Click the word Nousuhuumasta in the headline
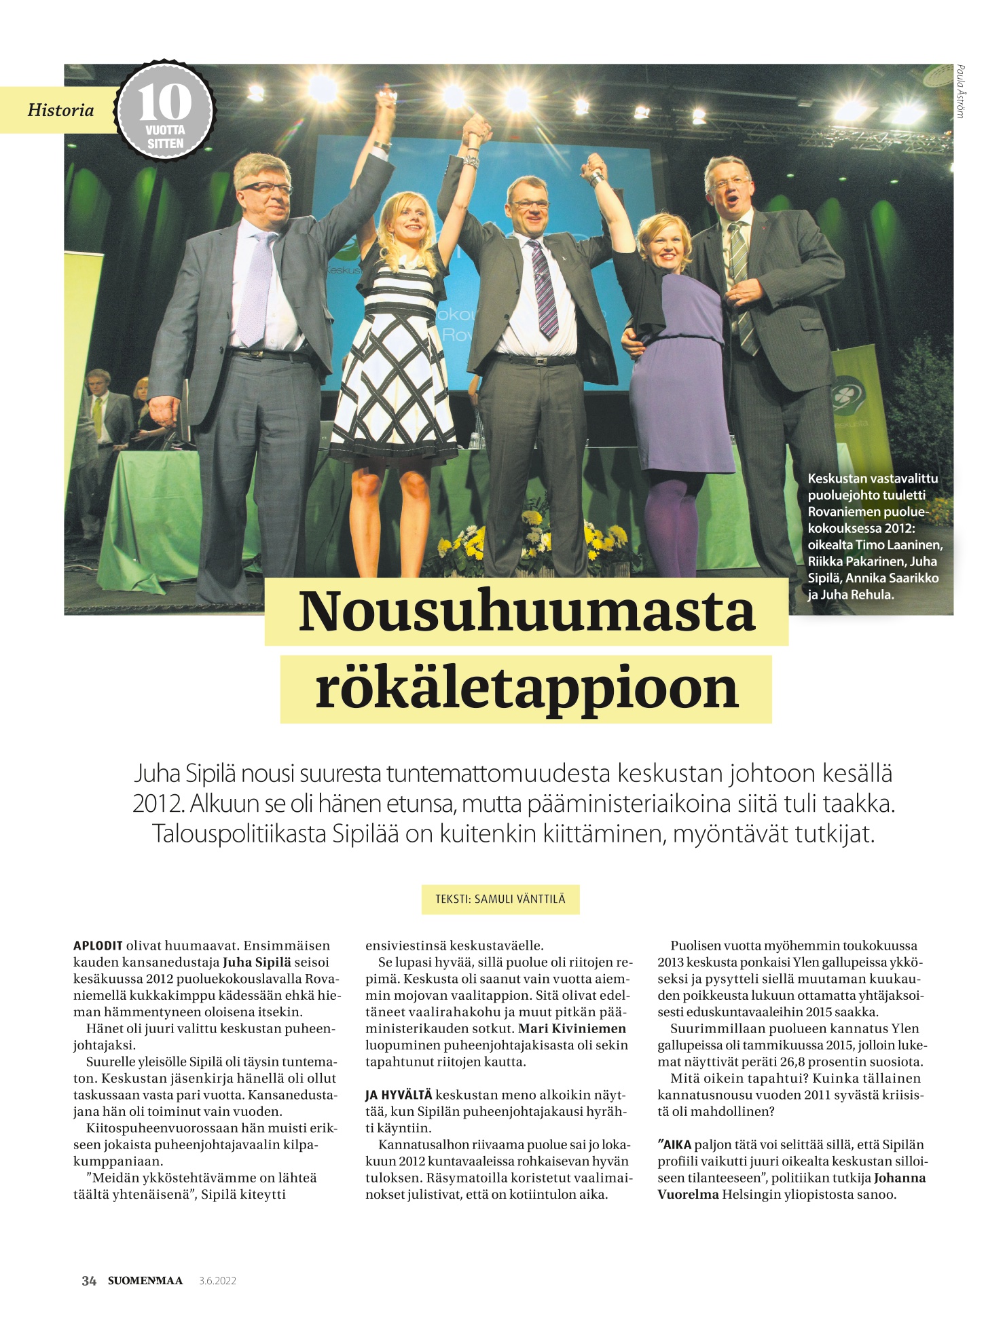click(526, 611)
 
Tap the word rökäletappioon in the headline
click(526, 688)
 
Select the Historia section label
click(60, 110)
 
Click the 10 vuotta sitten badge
click(165, 111)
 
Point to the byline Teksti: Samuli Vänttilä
click(500, 899)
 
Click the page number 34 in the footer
click(89, 1281)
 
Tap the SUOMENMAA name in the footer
click(145, 1281)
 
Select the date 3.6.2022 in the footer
click(217, 1281)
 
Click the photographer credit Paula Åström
click(960, 92)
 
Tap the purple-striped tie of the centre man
click(545, 288)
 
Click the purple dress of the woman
click(679, 380)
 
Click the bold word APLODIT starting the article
click(98, 946)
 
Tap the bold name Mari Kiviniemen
click(572, 1028)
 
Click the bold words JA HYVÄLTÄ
click(399, 1095)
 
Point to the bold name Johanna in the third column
click(899, 1178)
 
